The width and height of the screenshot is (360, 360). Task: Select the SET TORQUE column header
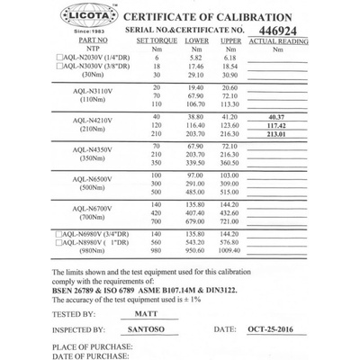[154, 40]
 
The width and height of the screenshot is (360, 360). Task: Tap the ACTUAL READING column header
[275, 40]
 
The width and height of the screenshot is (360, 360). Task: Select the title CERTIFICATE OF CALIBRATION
[214, 16]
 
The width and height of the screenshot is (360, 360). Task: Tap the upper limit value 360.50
[231, 165]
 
